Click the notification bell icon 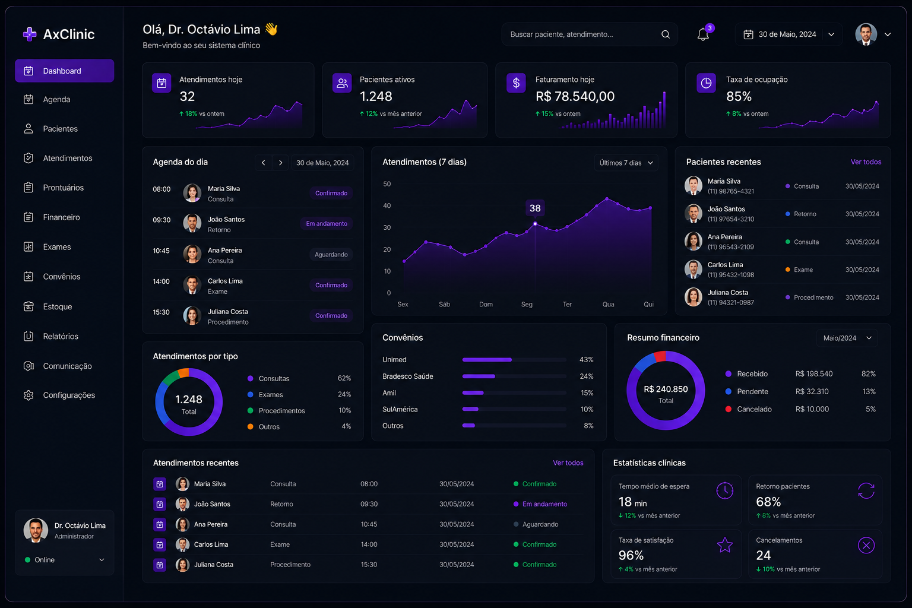(x=703, y=34)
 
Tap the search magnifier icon (x=666, y=34)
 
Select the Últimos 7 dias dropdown (x=626, y=163)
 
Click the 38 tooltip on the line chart (x=535, y=208)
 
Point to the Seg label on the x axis (x=527, y=304)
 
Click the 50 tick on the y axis (x=387, y=184)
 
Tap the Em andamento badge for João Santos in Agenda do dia (x=327, y=224)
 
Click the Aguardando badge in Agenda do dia (x=331, y=255)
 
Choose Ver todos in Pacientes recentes (x=866, y=162)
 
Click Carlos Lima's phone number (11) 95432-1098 (x=730, y=275)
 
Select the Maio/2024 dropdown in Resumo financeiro (x=847, y=338)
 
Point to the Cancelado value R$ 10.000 (x=812, y=409)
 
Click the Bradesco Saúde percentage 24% (x=586, y=376)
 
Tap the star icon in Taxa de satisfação (x=725, y=545)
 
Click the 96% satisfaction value (x=631, y=556)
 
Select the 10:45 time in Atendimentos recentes (x=369, y=524)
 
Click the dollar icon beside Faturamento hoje (x=516, y=83)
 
